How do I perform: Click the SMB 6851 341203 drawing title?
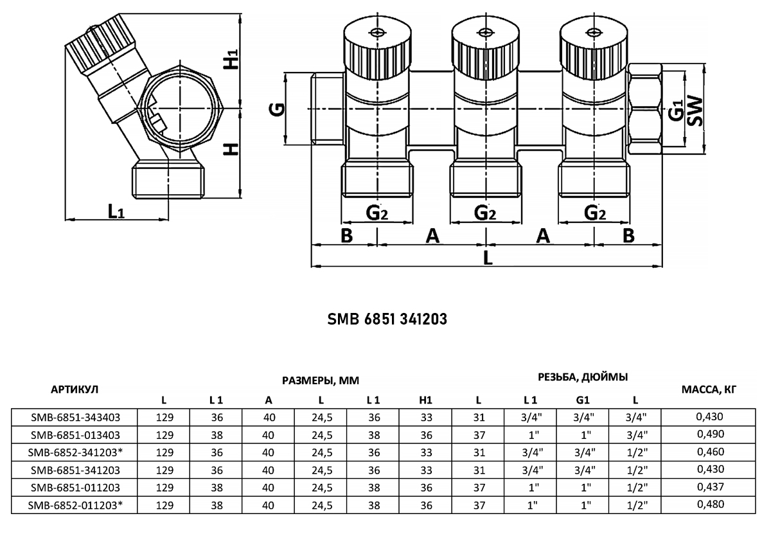coord(387,319)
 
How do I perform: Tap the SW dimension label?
coord(695,111)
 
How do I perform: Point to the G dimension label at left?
coord(277,109)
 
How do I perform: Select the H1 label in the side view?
coord(231,59)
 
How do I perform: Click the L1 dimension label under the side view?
coord(116,211)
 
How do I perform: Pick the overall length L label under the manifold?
coord(488,258)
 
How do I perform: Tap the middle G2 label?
coord(485,213)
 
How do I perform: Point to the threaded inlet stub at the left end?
coord(327,109)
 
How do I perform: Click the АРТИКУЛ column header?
coord(75,389)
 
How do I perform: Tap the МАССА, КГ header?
coord(709,389)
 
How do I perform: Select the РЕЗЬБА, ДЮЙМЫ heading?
coord(583,377)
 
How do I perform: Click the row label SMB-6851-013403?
coord(75,435)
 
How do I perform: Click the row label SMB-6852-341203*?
coord(75,452)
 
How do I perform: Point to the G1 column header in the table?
coord(582,400)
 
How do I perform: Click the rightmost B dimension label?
coord(628,236)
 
